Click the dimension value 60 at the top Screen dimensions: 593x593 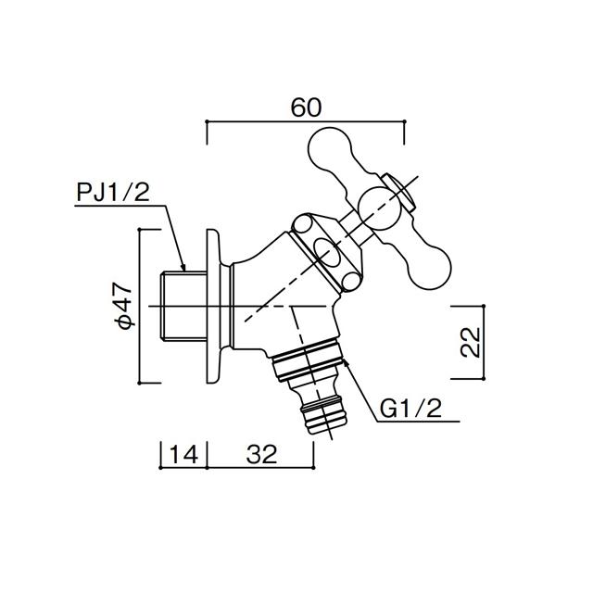pyautogui.click(x=306, y=107)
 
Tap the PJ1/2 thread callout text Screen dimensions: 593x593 pyautogui.click(x=113, y=192)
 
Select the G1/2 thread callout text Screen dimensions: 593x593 pyautogui.click(x=410, y=409)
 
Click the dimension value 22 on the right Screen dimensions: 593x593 pyautogui.click(x=470, y=342)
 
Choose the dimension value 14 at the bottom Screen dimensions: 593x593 pyautogui.click(x=183, y=454)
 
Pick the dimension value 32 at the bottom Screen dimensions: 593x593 pyautogui.click(x=261, y=454)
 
